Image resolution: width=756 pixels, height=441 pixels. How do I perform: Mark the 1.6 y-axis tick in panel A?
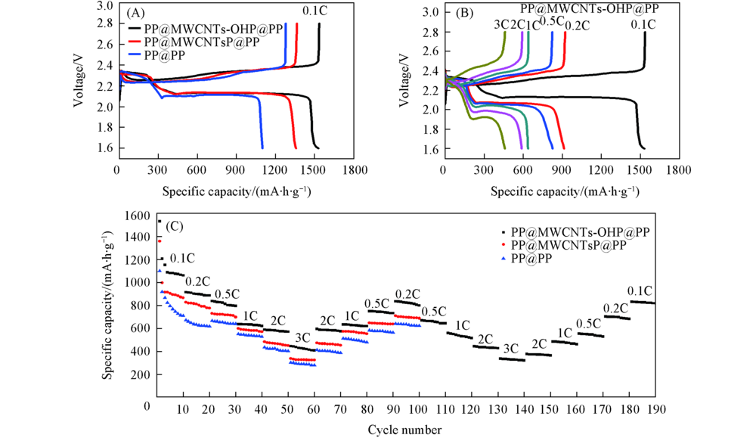[x=103, y=149]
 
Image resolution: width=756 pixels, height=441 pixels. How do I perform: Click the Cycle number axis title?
[x=405, y=430]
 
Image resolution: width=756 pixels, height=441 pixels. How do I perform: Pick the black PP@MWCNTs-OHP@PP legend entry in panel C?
[x=580, y=231]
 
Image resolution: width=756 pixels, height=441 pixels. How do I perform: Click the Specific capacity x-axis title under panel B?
[x=563, y=191]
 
